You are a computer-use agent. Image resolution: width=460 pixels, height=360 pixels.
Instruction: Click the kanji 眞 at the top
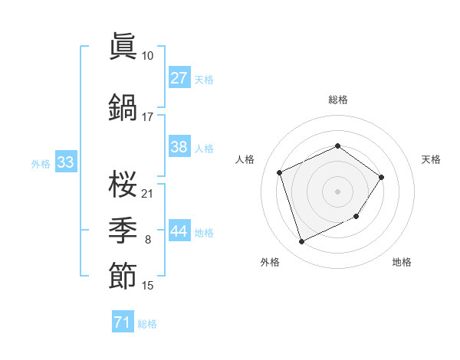[x=123, y=47]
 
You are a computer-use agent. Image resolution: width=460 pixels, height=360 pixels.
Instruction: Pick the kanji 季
[x=123, y=229]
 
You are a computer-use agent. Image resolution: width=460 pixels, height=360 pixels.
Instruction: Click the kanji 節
[x=123, y=276]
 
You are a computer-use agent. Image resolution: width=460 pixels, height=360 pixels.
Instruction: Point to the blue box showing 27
[x=179, y=78]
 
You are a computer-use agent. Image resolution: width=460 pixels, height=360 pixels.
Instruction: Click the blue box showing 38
[x=179, y=147]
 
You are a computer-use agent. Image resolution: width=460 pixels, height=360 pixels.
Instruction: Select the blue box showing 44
[x=179, y=231]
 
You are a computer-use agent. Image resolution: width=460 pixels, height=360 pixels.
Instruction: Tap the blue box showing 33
[x=65, y=162]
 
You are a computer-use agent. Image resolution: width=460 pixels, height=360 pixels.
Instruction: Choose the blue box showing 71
[x=122, y=322]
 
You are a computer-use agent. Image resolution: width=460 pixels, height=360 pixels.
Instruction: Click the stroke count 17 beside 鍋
[x=147, y=117]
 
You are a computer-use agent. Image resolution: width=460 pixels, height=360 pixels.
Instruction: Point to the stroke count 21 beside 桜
[x=147, y=192]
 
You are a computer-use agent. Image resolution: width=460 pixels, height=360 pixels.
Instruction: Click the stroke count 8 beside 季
[x=147, y=240]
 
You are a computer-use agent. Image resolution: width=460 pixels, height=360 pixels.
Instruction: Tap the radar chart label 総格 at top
[x=337, y=100]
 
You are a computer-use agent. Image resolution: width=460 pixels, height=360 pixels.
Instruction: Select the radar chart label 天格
[x=431, y=159]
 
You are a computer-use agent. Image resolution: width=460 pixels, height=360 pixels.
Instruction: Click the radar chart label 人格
[x=245, y=159]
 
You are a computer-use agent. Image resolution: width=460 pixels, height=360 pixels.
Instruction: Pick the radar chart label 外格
[x=270, y=262]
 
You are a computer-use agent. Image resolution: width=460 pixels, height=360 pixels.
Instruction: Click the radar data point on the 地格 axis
[x=357, y=218]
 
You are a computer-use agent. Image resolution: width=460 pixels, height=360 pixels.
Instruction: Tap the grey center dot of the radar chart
[x=337, y=191]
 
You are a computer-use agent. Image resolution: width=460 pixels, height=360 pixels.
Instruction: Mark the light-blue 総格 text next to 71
[x=147, y=324]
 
